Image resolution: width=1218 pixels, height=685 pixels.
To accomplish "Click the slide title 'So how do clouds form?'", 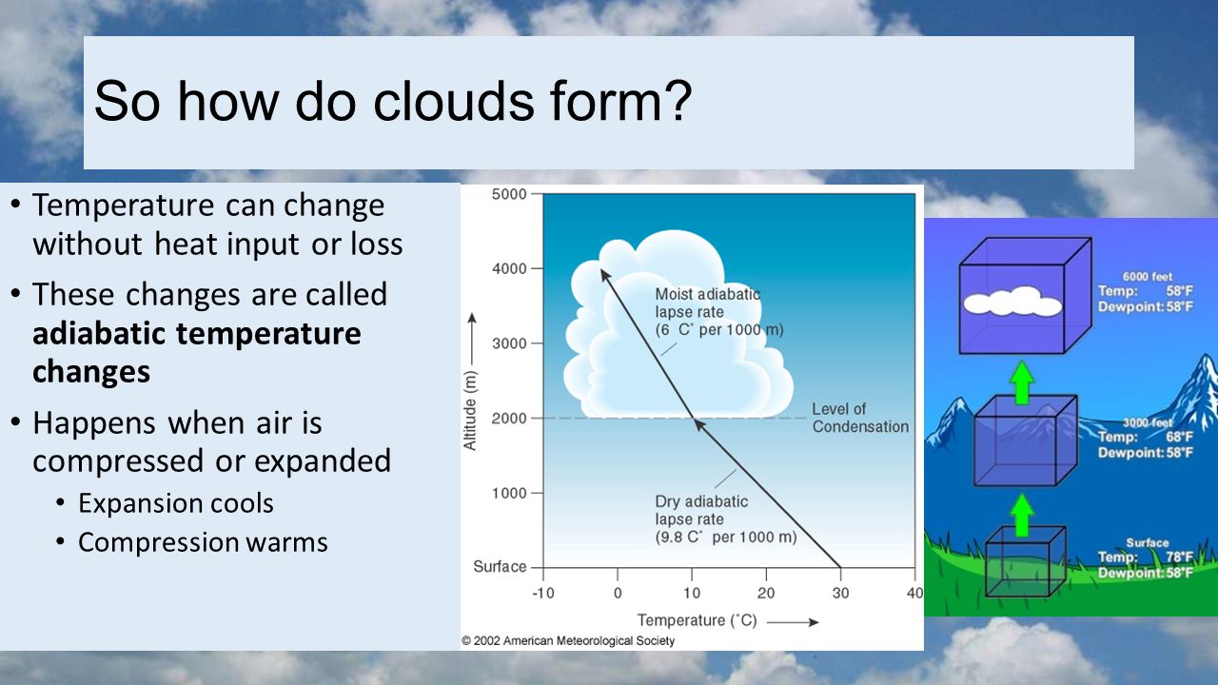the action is (393, 101).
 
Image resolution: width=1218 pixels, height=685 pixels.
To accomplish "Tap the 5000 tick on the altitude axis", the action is (509, 194).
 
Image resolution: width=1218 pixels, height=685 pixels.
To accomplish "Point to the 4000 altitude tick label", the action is (509, 268).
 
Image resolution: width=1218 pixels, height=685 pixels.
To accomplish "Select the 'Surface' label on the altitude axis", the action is (500, 566).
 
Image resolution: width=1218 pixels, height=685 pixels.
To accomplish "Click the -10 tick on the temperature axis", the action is (543, 593).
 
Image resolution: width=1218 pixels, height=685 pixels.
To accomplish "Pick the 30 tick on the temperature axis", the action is (840, 593).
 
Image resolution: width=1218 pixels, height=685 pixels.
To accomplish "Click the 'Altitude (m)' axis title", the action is (469, 410).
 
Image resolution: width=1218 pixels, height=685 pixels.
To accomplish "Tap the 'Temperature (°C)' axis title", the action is (697, 620).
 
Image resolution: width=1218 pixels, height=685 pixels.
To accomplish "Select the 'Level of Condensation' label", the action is (860, 418).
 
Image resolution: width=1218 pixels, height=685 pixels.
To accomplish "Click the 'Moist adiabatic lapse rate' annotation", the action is (718, 312).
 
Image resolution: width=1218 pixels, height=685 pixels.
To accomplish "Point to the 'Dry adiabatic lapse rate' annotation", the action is (726, 519).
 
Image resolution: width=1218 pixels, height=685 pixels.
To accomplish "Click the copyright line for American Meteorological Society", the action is (568, 640).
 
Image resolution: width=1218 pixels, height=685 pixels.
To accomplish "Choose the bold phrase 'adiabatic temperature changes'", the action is (196, 352).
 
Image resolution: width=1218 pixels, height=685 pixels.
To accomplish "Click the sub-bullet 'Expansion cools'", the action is (176, 503).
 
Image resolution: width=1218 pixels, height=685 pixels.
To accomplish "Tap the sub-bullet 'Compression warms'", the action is (203, 542).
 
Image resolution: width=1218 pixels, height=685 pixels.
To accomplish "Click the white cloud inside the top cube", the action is (1012, 303).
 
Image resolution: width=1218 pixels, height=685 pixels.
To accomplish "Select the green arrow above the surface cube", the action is (1023, 515).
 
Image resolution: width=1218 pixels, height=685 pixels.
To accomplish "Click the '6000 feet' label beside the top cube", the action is (1148, 277).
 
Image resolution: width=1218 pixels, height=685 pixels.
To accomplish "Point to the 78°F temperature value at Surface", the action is (1179, 557).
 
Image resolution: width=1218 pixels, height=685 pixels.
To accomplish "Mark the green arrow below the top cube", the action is (1022, 382).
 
